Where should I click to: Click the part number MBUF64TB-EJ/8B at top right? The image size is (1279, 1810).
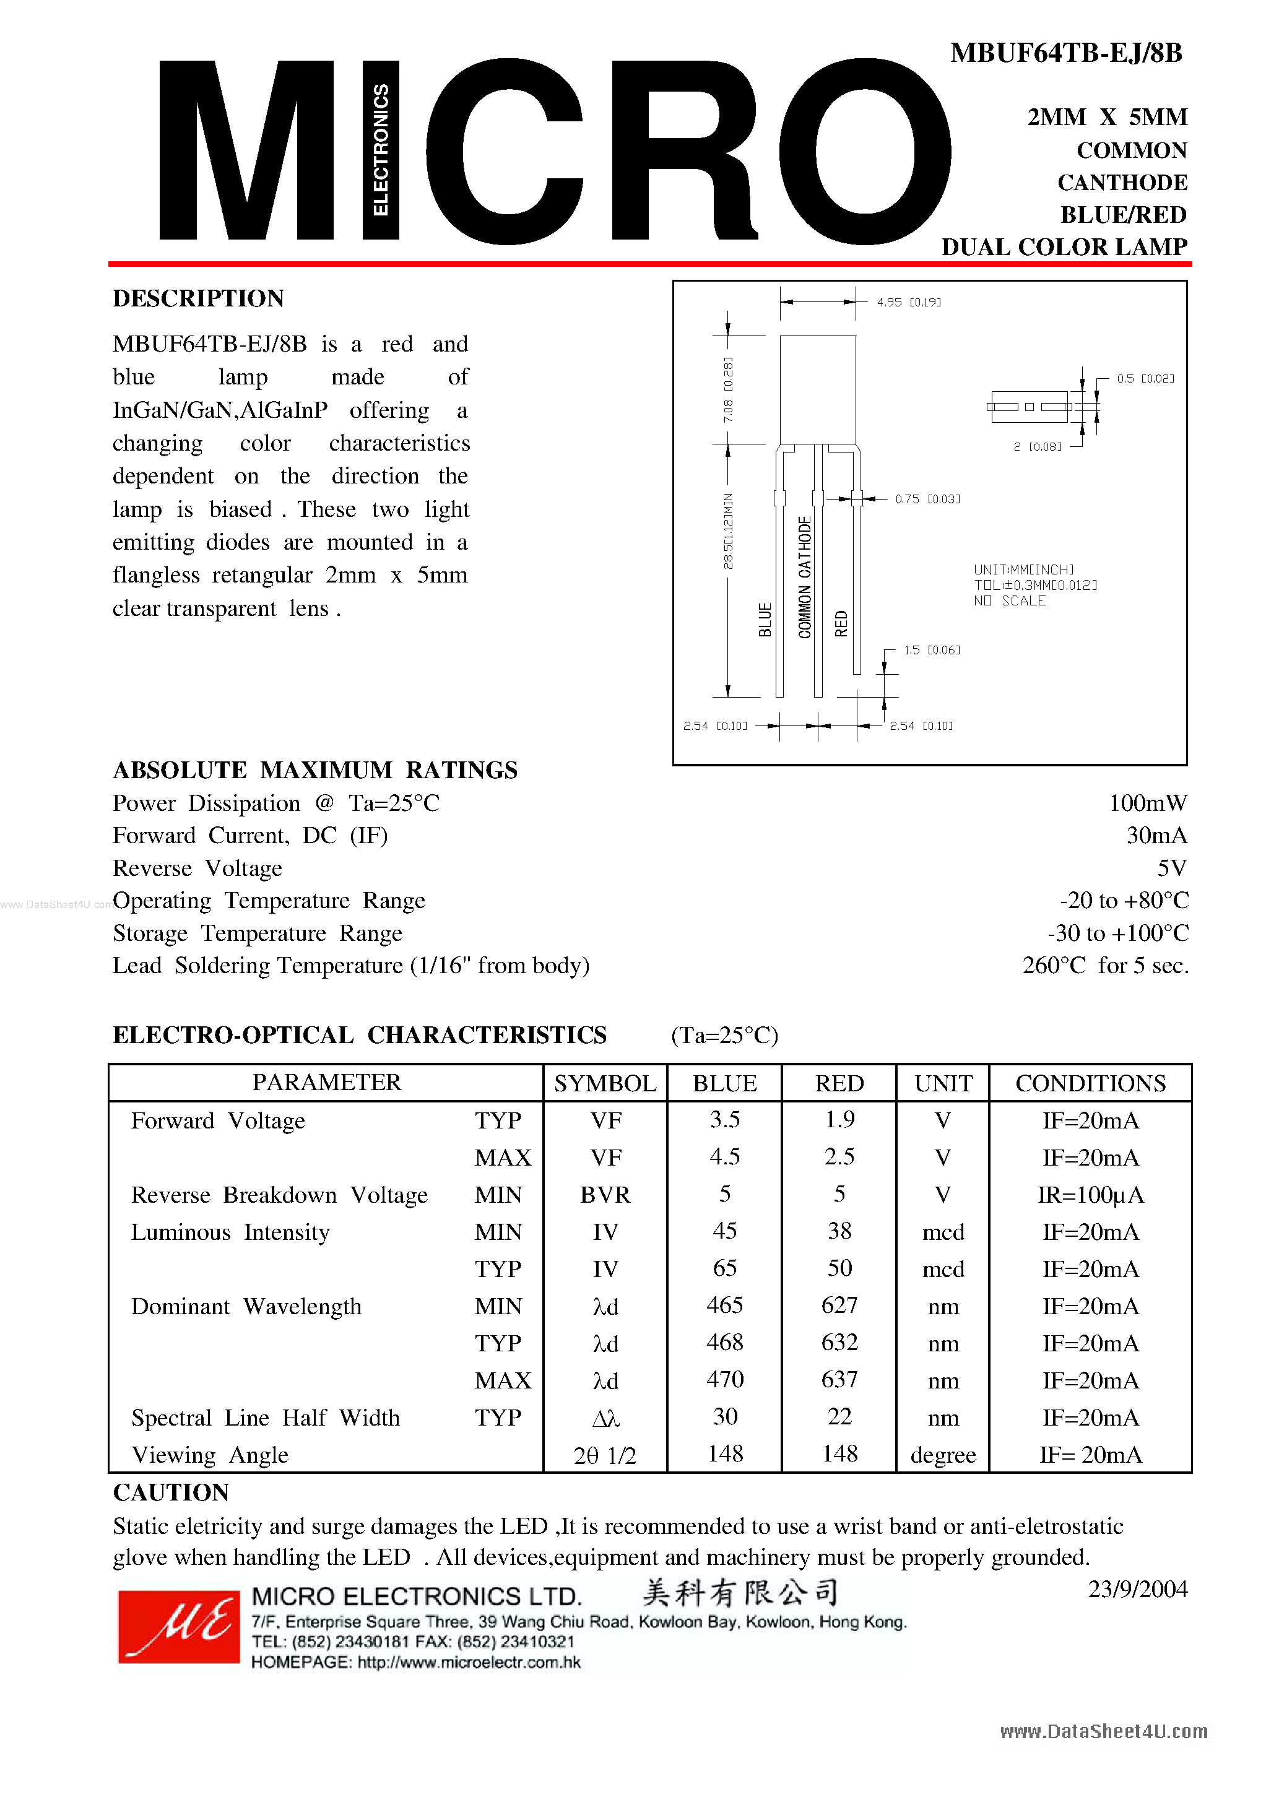[x=1065, y=53]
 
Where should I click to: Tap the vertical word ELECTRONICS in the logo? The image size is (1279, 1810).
[x=380, y=150]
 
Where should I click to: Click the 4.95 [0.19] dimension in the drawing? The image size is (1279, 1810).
[x=908, y=302]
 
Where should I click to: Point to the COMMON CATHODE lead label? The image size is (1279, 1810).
[x=804, y=576]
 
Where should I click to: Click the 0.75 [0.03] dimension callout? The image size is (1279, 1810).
[x=927, y=499]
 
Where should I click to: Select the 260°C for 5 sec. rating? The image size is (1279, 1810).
[x=1105, y=965]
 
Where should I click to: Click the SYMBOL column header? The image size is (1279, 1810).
[x=605, y=1083]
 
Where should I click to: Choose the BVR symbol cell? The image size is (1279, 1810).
[x=605, y=1195]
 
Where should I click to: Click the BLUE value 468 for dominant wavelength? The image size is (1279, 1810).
[x=725, y=1343]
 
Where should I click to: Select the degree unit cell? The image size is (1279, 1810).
[x=942, y=1455]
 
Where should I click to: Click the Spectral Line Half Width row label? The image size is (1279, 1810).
[x=265, y=1418]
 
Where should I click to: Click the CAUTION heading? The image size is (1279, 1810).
[x=171, y=1492]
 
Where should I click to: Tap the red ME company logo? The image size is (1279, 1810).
[x=178, y=1626]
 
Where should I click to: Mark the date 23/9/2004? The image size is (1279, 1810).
[x=1137, y=1589]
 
